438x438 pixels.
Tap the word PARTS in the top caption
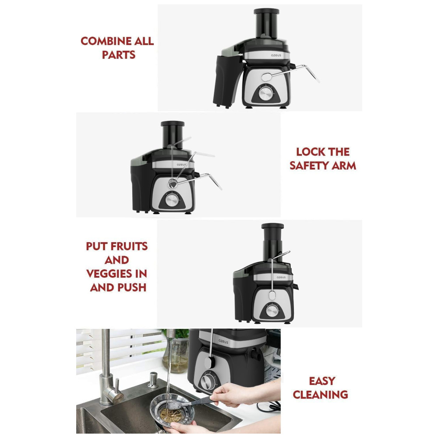[x=118, y=55]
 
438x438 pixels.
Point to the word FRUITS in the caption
[x=129, y=246]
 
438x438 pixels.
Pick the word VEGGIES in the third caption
[x=109, y=274]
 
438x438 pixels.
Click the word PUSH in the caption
[x=132, y=287]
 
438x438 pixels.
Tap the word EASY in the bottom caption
[x=322, y=381]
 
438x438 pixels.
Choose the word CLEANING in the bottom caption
[x=321, y=395]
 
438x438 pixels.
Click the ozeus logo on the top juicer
[x=276, y=55]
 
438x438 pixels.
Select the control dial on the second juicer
[x=172, y=200]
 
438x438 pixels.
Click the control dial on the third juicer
[x=272, y=311]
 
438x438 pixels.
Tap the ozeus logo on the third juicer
[x=281, y=277]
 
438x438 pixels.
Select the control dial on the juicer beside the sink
[x=207, y=381]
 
